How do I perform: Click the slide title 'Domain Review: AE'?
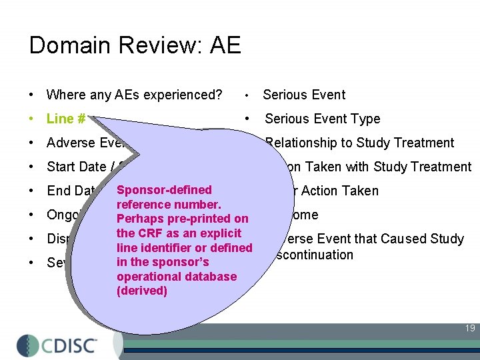(135, 45)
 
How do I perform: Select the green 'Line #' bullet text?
(65, 119)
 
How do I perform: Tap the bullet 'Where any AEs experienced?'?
(134, 95)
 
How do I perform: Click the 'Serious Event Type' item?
(322, 119)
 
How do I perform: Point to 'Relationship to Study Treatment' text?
(359, 143)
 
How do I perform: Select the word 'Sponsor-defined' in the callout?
(164, 190)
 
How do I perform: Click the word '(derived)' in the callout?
(142, 291)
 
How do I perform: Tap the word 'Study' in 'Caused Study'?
(446, 239)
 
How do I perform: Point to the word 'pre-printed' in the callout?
(204, 219)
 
